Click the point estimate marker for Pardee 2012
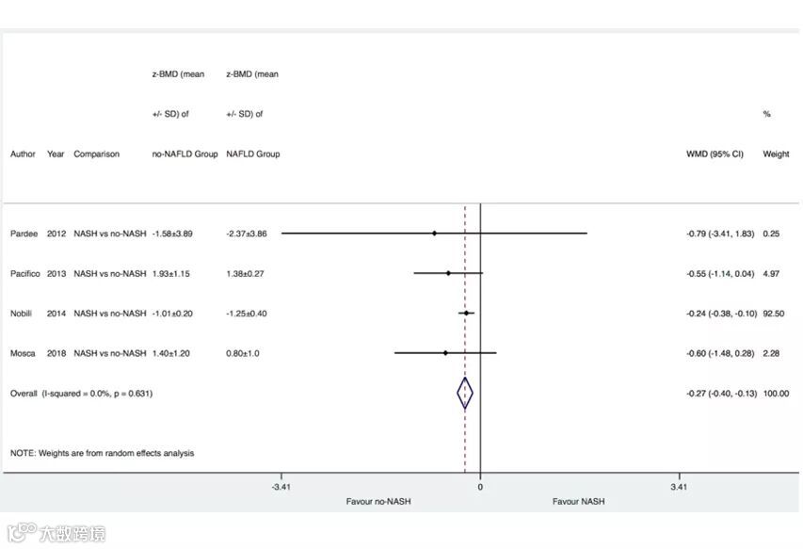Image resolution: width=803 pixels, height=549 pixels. click(434, 234)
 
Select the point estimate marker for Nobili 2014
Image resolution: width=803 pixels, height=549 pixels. click(466, 313)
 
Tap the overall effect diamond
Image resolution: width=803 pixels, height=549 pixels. click(465, 394)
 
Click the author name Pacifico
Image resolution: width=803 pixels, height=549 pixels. click(25, 273)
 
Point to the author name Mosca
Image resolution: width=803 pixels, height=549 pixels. click(23, 353)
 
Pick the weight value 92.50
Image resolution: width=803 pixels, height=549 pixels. click(773, 314)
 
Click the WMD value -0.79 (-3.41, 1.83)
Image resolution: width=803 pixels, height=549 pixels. click(720, 234)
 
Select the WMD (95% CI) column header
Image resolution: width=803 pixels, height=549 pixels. click(715, 153)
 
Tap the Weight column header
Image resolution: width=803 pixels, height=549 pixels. click(776, 153)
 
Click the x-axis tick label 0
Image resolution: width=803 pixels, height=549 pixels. click(480, 487)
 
